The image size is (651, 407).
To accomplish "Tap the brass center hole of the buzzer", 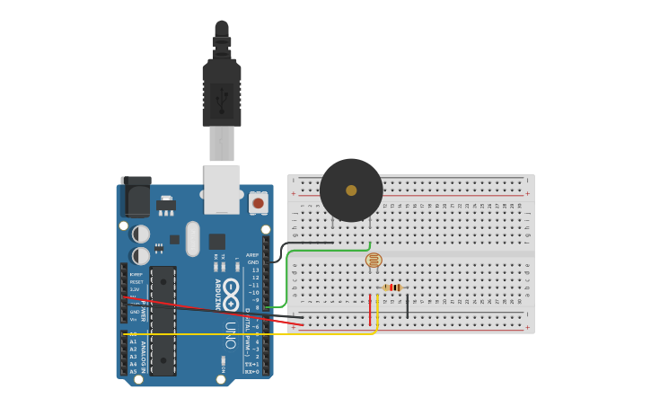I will point(351,190).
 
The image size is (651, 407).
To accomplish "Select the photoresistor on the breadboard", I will point(374,260).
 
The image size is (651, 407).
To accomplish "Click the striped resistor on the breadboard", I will point(392,288).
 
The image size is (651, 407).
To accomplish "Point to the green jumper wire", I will point(289,279).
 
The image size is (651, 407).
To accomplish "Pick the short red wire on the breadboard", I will point(370,310).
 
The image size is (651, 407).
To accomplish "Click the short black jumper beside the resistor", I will point(407,305).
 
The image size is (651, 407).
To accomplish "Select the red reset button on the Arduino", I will point(259,203).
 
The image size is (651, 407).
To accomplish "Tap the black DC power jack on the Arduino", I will point(136,197).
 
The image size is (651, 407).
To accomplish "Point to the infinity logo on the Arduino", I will point(231,296).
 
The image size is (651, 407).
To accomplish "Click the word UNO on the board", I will point(231,334).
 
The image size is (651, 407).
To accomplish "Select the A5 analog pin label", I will point(134,371).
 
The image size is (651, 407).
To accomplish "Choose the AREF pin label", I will point(252,255).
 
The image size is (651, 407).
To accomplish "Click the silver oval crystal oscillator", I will point(192,239).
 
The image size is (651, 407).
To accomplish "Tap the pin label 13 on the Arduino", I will point(255,270).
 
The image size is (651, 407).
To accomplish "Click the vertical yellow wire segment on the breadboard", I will point(377,313).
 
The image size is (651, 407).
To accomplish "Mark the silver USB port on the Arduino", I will point(222,189).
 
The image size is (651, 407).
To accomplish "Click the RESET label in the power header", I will point(136,282).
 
